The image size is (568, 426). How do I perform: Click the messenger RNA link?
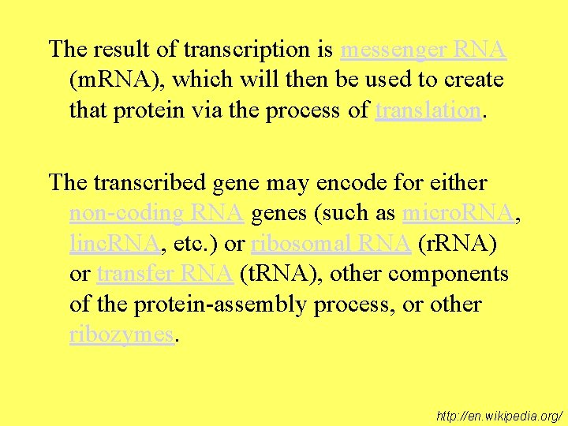(x=423, y=50)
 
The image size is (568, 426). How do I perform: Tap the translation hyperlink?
(x=428, y=110)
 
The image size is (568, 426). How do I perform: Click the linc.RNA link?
(x=115, y=244)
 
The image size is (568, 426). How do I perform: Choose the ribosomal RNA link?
(x=331, y=244)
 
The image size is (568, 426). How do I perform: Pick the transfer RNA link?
(x=165, y=274)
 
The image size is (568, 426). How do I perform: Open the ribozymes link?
(x=121, y=334)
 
